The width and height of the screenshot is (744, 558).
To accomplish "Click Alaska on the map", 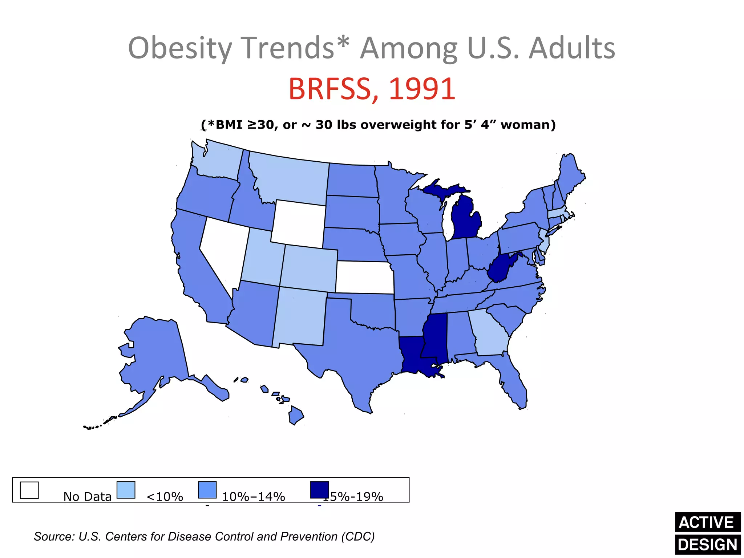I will pyautogui.click(x=156, y=356).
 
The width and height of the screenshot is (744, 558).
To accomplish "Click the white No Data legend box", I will pyautogui.click(x=29, y=490).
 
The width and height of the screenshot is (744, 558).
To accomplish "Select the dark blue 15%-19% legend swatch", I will pyautogui.click(x=319, y=490).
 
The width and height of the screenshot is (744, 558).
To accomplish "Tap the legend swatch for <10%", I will pyautogui.click(x=126, y=490).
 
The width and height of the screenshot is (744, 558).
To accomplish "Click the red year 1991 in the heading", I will pyautogui.click(x=422, y=89).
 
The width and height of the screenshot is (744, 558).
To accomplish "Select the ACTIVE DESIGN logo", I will pyautogui.click(x=707, y=533).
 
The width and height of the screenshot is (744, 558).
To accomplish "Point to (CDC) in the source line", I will pyautogui.click(x=357, y=537).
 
